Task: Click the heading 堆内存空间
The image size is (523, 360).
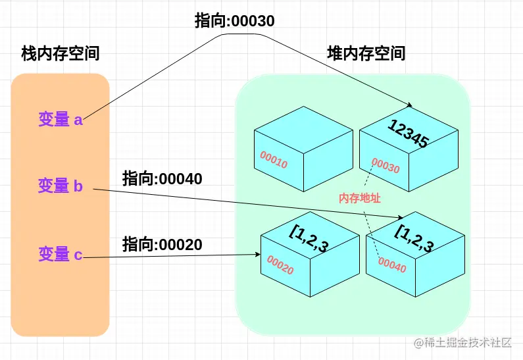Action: point(366,54)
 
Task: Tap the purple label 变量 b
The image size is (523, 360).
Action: point(60,186)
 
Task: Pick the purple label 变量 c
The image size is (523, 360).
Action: point(60,253)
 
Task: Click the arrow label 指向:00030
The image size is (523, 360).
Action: point(234,21)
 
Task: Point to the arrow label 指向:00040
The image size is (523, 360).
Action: point(162,178)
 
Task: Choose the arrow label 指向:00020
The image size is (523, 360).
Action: point(162,245)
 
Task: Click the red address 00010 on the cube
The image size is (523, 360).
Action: point(274,159)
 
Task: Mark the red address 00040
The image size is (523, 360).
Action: point(393,264)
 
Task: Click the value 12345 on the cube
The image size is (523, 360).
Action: point(409,134)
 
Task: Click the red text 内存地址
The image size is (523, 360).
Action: point(360,198)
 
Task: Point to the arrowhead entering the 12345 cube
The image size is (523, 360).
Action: point(410,105)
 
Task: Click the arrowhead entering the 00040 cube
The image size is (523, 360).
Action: point(401,218)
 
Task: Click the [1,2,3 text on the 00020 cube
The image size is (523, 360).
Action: point(309,238)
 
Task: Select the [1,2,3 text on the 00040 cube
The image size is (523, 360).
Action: point(414,238)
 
